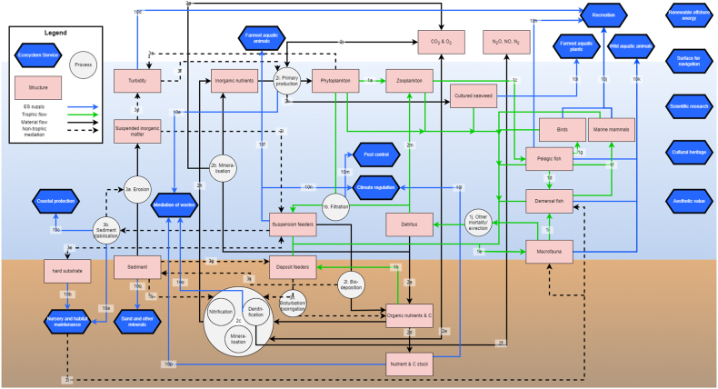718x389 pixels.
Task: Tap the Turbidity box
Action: (x=136, y=80)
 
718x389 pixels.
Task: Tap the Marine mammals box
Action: (x=610, y=130)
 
